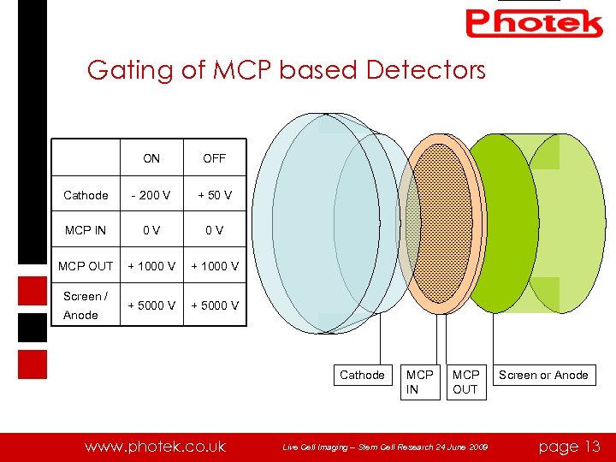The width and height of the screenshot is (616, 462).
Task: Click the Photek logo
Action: coord(534,23)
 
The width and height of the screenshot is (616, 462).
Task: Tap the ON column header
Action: coord(151,158)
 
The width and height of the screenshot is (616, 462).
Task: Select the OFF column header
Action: coord(215,158)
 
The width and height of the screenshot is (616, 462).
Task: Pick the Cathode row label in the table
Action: coord(86,195)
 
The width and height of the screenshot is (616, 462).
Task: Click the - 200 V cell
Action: coord(151,195)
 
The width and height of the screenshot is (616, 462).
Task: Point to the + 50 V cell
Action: coord(215,195)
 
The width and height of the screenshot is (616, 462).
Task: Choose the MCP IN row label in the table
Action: coord(86,230)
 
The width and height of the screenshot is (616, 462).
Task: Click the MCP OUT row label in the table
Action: coord(86,266)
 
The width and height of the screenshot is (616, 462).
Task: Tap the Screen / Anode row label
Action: coord(86,305)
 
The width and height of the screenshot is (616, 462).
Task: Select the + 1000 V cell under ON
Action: coord(151,266)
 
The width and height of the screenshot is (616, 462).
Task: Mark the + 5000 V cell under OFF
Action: coord(215,305)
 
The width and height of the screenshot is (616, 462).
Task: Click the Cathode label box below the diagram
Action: coord(362,375)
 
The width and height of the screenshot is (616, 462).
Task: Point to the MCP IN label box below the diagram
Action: coord(420,382)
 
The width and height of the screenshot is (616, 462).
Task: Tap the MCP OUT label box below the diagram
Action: coord(465,382)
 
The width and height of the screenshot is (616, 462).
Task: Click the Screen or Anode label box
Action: coord(543,375)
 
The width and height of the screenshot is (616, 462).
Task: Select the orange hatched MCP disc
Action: coord(441,222)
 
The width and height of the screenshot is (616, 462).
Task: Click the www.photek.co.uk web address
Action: coord(155,446)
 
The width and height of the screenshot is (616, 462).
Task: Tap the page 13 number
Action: coord(570,446)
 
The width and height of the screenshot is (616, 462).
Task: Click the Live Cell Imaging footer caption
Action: coord(386,447)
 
